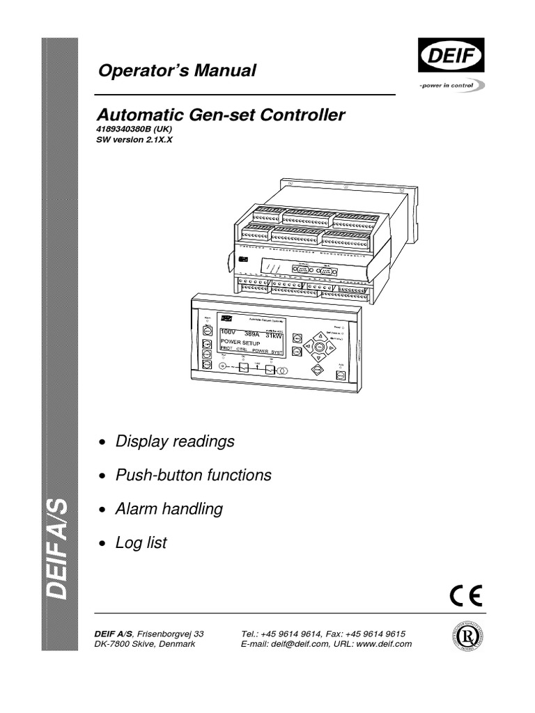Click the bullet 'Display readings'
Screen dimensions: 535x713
point(175,441)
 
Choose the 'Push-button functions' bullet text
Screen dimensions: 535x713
point(193,476)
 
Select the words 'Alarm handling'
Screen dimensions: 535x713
point(169,509)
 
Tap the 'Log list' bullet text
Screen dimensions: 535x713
point(141,543)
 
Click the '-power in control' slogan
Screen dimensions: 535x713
point(447,85)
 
